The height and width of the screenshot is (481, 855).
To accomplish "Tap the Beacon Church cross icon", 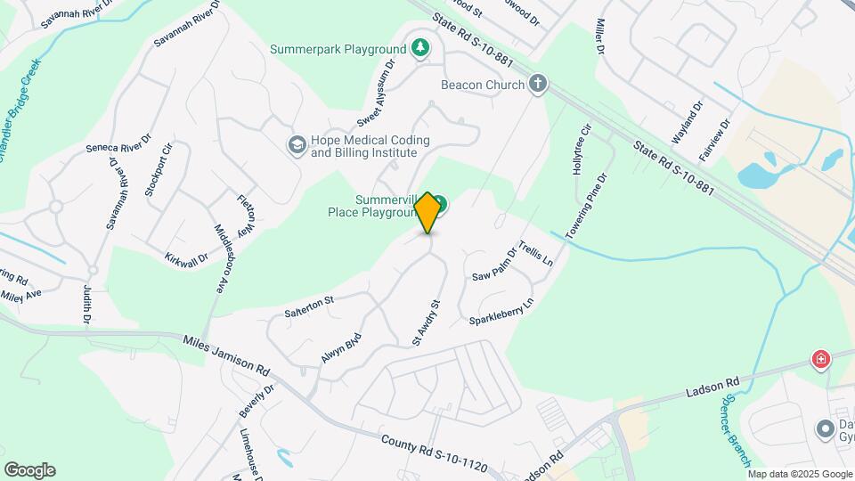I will [537, 85].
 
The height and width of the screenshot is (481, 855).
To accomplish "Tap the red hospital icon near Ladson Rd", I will [820, 360].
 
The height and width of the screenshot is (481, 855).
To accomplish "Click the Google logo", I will [29, 470].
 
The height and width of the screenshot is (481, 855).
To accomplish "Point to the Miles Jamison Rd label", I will [226, 354].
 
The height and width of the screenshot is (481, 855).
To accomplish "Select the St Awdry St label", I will [427, 322].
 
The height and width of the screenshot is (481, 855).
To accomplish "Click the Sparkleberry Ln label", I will [501, 311].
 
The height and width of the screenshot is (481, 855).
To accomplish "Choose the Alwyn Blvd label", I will [341, 348].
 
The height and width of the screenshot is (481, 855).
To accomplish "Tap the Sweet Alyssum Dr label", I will [375, 94].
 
